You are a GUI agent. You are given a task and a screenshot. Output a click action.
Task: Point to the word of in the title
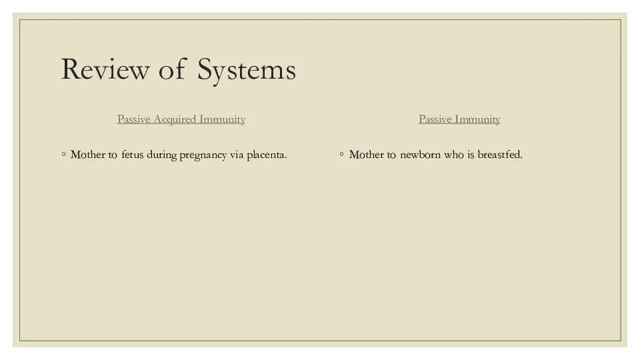pos(172,70)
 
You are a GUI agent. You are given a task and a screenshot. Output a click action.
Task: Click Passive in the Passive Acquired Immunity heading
pos(133,119)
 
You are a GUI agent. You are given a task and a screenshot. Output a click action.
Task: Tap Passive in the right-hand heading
pos(435,119)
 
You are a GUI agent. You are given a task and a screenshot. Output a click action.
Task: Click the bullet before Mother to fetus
pos(64,154)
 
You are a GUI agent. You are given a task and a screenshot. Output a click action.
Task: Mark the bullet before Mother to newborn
pos(342,154)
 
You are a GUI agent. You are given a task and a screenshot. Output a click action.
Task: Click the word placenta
pos(267,155)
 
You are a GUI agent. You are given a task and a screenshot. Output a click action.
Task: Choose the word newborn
pos(420,155)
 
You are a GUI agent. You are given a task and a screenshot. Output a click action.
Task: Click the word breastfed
pos(500,155)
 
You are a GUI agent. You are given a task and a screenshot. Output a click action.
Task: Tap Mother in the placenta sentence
pos(88,155)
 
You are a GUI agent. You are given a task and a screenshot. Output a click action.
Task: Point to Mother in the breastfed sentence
pos(367,155)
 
